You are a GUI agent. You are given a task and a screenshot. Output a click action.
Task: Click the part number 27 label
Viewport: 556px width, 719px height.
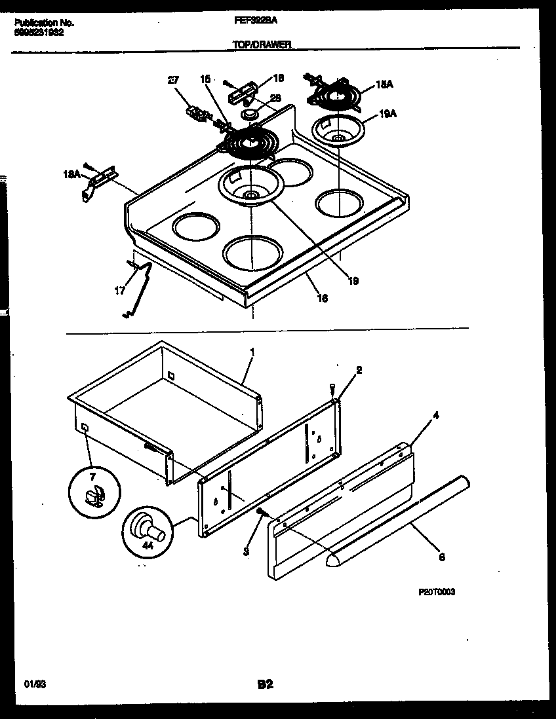point(172,80)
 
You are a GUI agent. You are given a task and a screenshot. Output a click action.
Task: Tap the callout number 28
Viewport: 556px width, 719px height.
point(275,98)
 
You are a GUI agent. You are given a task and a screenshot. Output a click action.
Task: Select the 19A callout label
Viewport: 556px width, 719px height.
point(388,113)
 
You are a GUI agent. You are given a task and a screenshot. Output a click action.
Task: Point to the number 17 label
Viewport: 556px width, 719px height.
point(119,290)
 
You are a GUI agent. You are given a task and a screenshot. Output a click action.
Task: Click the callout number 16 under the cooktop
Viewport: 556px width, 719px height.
point(322,298)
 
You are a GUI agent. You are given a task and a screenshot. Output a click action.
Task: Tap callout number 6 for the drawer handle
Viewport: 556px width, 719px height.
point(441,557)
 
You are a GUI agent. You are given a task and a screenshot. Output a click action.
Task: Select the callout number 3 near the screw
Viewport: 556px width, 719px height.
point(246,552)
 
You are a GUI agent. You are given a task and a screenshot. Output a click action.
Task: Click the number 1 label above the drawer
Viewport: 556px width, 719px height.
point(253,352)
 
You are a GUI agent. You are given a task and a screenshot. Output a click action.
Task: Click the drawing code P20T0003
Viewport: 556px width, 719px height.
point(437,592)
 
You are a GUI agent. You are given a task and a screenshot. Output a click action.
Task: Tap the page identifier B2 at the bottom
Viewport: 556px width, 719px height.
point(265,685)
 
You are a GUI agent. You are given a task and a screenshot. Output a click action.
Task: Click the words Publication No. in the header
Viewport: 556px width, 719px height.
point(44,22)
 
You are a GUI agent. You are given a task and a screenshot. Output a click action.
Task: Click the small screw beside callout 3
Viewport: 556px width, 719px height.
point(261,511)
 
